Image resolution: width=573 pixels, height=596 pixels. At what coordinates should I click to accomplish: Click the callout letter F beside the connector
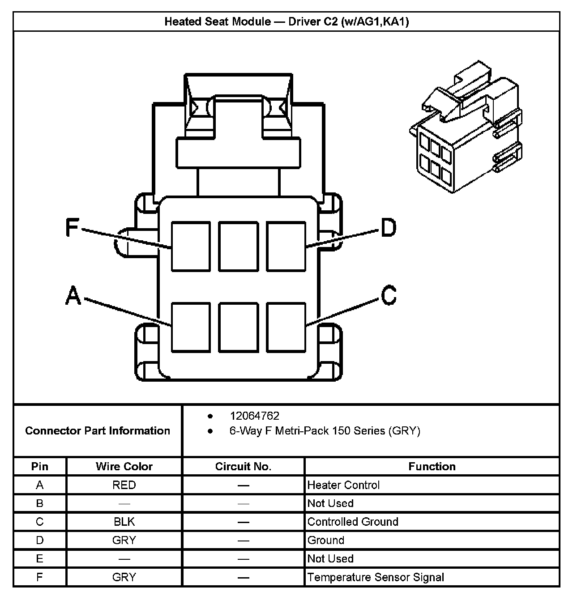tap(72, 227)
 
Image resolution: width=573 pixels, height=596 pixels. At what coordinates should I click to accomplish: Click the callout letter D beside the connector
tap(389, 228)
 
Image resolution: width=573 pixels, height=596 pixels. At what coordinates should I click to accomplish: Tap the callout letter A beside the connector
tap(73, 296)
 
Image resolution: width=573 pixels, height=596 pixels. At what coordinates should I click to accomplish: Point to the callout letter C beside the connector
tap(389, 295)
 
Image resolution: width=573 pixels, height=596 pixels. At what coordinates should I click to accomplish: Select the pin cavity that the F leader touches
tap(191, 247)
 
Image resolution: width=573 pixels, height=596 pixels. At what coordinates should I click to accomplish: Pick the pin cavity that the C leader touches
tap(286, 327)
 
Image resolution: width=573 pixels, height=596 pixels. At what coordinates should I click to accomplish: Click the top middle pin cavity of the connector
tap(239, 247)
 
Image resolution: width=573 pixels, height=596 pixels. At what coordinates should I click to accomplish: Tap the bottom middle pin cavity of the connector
tap(239, 327)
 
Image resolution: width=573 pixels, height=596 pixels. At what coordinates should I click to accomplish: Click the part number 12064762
tap(254, 416)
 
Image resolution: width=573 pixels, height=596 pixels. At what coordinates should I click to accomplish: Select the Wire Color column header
tap(124, 467)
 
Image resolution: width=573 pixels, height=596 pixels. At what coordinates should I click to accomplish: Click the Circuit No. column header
tap(243, 467)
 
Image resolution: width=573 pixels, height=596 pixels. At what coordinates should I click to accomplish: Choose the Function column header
tap(432, 467)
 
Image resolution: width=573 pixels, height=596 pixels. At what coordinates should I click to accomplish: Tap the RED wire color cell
tap(124, 485)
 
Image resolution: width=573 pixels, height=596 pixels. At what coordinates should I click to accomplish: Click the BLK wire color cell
tap(124, 522)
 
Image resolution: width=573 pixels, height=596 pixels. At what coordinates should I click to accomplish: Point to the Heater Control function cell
tap(343, 485)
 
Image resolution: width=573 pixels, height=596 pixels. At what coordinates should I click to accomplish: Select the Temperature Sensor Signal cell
tap(376, 577)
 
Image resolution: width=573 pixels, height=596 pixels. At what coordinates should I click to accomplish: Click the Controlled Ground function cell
tap(353, 522)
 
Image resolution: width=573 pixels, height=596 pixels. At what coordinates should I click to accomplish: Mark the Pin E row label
tap(39, 559)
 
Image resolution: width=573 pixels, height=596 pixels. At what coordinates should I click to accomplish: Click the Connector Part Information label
tap(98, 431)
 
